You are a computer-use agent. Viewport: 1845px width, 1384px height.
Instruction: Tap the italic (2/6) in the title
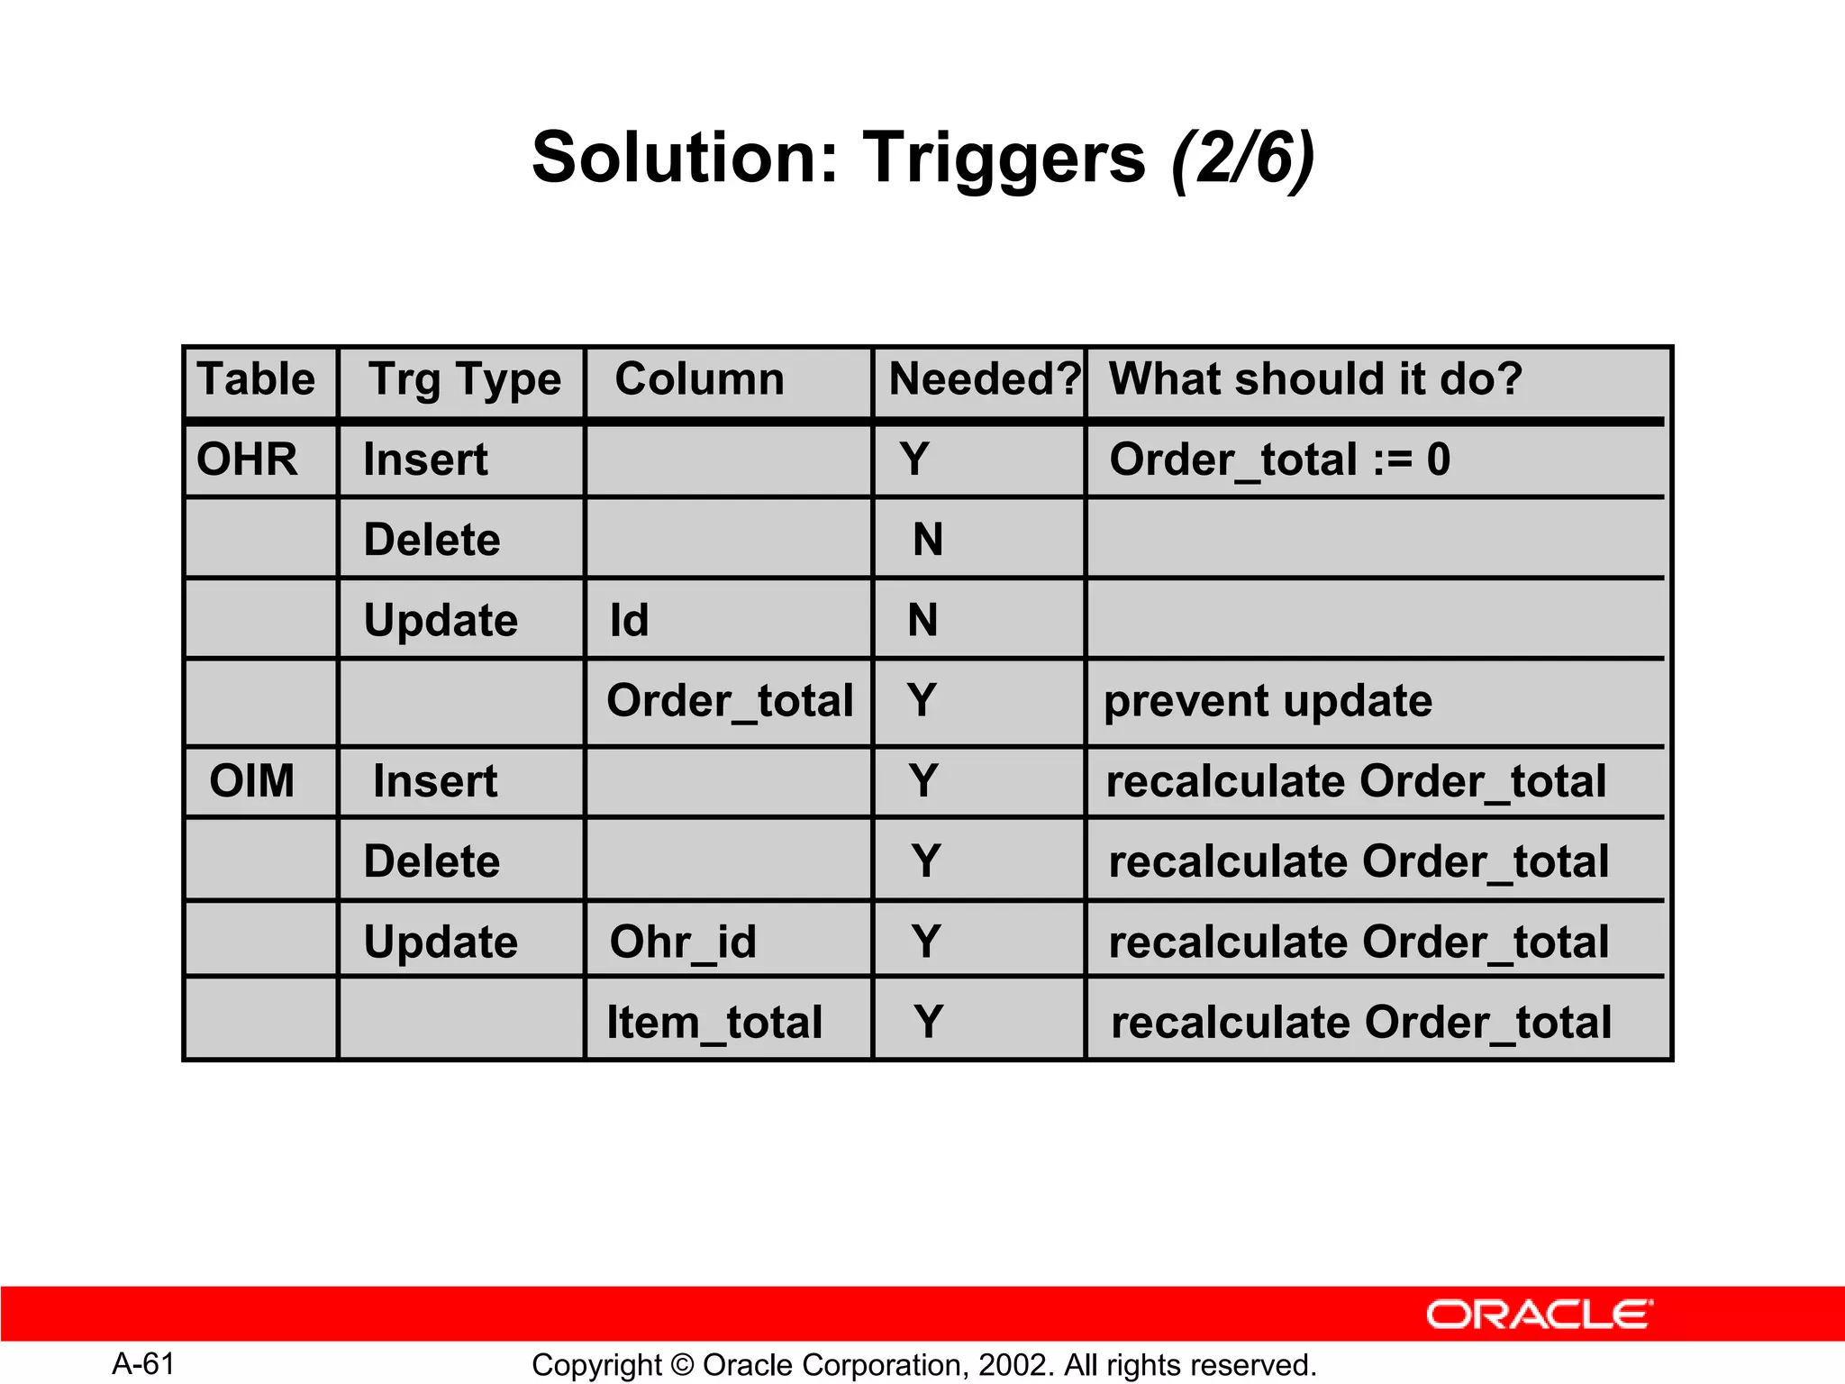(1243, 158)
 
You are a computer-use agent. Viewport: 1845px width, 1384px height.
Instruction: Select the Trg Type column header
(464, 379)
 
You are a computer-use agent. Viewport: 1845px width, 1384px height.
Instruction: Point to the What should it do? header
(1315, 379)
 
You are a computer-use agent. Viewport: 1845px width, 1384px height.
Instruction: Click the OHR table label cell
(247, 460)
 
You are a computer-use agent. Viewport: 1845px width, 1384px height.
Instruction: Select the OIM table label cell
(252, 781)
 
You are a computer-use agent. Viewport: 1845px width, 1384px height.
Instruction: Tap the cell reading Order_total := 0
(1279, 460)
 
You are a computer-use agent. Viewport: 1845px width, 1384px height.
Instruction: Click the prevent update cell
(1268, 701)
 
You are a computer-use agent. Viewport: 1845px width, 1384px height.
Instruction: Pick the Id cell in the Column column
(629, 621)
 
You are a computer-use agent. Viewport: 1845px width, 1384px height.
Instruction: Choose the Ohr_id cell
(683, 942)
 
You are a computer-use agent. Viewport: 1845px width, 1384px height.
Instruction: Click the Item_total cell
(714, 1023)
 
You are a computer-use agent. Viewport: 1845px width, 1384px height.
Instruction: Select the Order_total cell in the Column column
(730, 701)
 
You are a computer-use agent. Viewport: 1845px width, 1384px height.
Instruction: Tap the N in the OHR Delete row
(928, 541)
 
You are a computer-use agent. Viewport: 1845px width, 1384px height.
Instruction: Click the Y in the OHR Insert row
(914, 460)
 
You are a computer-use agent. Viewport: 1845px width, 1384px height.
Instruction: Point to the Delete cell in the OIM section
(432, 861)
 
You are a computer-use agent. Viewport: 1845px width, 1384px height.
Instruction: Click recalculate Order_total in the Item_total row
(1361, 1023)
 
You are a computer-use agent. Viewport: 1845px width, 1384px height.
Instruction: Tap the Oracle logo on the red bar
(1539, 1315)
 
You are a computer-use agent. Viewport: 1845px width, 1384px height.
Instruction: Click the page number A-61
(143, 1364)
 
